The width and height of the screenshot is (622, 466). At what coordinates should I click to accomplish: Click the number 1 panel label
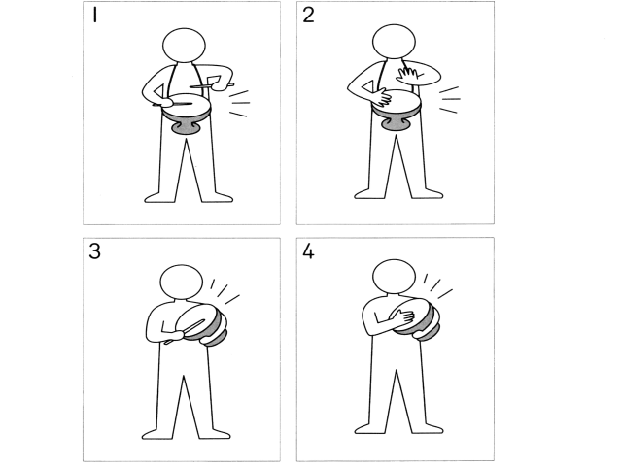[95, 16]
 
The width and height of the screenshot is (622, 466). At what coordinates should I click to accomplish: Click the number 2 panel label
[308, 16]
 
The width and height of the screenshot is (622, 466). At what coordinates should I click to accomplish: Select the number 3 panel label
[94, 251]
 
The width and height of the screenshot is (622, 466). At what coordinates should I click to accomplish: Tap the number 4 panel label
[308, 251]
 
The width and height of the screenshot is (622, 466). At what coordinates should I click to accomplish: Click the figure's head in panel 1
[184, 46]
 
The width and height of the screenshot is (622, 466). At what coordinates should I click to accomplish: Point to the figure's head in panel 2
[394, 41]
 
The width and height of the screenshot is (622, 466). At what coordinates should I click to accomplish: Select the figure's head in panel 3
[182, 282]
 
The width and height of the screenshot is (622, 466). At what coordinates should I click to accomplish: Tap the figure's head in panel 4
[394, 277]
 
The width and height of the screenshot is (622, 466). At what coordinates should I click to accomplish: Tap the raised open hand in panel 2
[409, 74]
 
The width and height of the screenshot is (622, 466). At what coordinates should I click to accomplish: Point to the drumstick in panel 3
[185, 331]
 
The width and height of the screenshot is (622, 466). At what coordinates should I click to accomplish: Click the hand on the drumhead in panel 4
[405, 316]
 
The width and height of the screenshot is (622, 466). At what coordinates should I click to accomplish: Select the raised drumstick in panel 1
[212, 85]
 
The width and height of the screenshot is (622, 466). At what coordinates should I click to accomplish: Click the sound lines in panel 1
[240, 104]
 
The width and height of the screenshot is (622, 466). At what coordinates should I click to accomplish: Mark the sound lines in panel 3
[225, 291]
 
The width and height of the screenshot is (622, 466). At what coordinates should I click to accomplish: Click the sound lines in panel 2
[450, 99]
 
